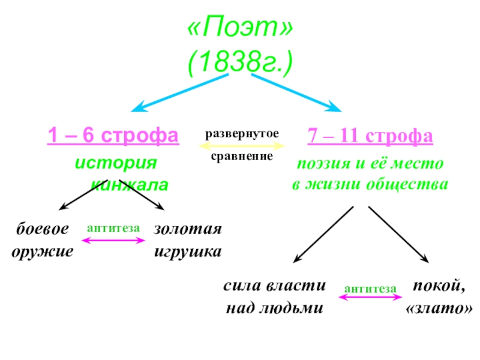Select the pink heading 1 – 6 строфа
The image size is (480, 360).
point(113,136)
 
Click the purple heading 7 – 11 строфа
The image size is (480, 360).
point(370,136)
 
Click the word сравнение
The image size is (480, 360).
point(242,156)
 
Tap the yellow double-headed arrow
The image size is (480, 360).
point(242,145)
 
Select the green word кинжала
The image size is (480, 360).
point(130,185)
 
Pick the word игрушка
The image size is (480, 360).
point(188,251)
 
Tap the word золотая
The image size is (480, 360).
point(188,230)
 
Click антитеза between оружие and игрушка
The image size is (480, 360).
point(113,228)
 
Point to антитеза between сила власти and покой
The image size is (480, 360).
point(370,289)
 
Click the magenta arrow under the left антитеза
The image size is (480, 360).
point(113,241)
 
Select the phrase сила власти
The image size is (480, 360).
point(275,286)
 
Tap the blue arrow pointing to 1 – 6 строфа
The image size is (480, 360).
point(180,93)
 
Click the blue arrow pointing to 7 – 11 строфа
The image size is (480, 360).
point(294,93)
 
